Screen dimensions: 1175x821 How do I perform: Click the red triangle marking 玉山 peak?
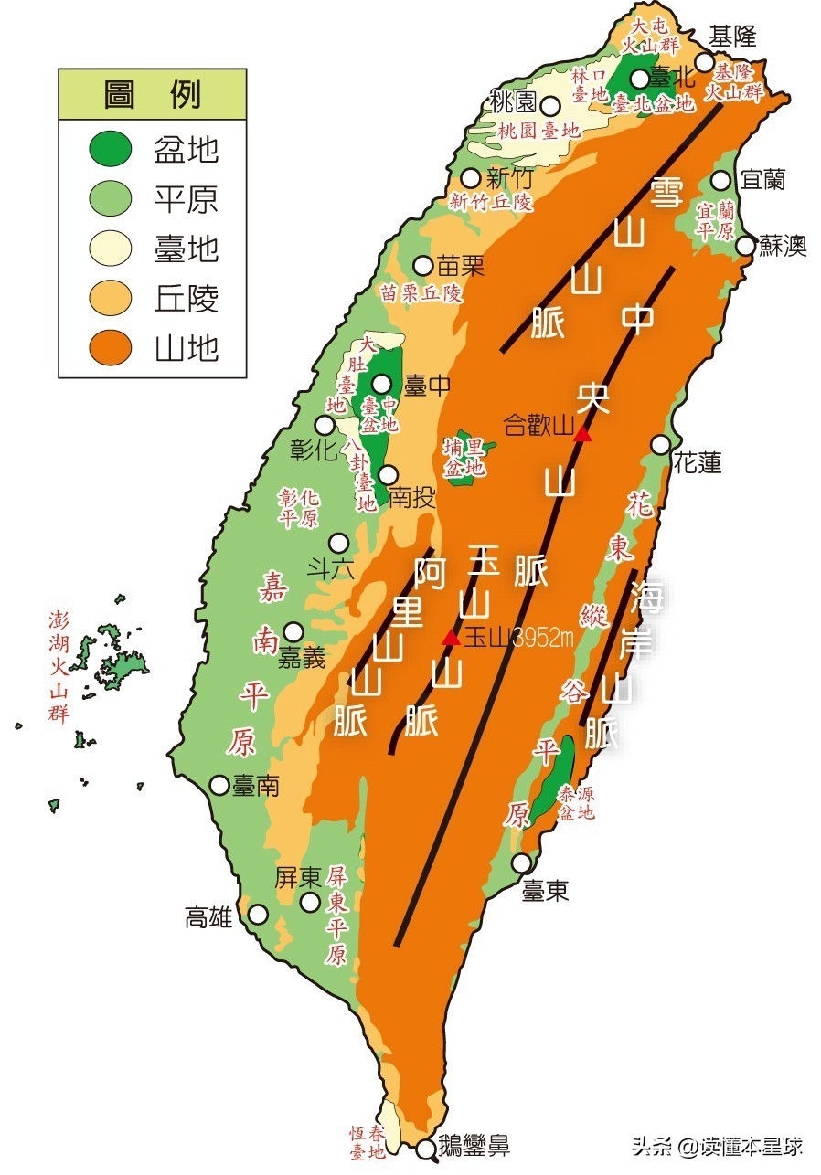[x=451, y=638]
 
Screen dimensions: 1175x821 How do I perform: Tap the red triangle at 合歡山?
[x=581, y=434]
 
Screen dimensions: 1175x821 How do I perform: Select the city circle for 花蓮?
[x=660, y=444]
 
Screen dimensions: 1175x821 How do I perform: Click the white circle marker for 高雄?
[x=259, y=914]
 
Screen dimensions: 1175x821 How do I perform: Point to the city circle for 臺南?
[x=219, y=784]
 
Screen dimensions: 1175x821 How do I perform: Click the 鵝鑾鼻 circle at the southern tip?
[x=426, y=1149]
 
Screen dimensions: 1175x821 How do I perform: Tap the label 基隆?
[x=732, y=36]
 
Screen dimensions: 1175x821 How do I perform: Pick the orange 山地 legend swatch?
[x=111, y=348]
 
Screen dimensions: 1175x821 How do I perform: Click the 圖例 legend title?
[x=152, y=94]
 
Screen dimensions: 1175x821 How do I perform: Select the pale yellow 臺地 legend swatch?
[x=111, y=249]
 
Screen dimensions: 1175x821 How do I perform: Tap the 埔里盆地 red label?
[x=464, y=457]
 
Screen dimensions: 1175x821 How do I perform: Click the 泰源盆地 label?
[x=577, y=801]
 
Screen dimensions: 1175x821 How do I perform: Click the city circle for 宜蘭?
[x=721, y=179]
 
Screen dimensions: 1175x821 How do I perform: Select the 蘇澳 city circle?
[x=746, y=245]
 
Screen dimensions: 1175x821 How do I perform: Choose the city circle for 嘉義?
[x=293, y=631]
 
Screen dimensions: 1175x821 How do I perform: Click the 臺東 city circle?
[x=521, y=863]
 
